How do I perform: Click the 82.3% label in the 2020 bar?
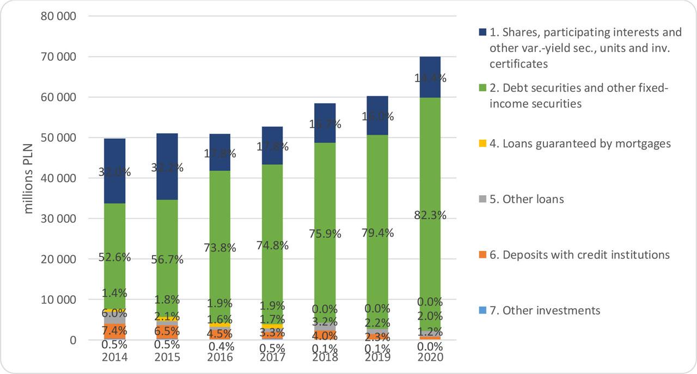(x=430, y=215)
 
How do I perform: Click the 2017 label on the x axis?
(x=272, y=358)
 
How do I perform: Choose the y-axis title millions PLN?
(x=28, y=178)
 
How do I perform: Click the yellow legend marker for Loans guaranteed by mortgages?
(x=482, y=144)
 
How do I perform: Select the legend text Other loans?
(x=533, y=200)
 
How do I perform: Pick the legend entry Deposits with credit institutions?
(x=586, y=255)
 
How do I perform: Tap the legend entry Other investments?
(x=551, y=310)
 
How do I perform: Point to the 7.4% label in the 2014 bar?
(x=114, y=330)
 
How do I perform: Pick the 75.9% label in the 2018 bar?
(x=325, y=234)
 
